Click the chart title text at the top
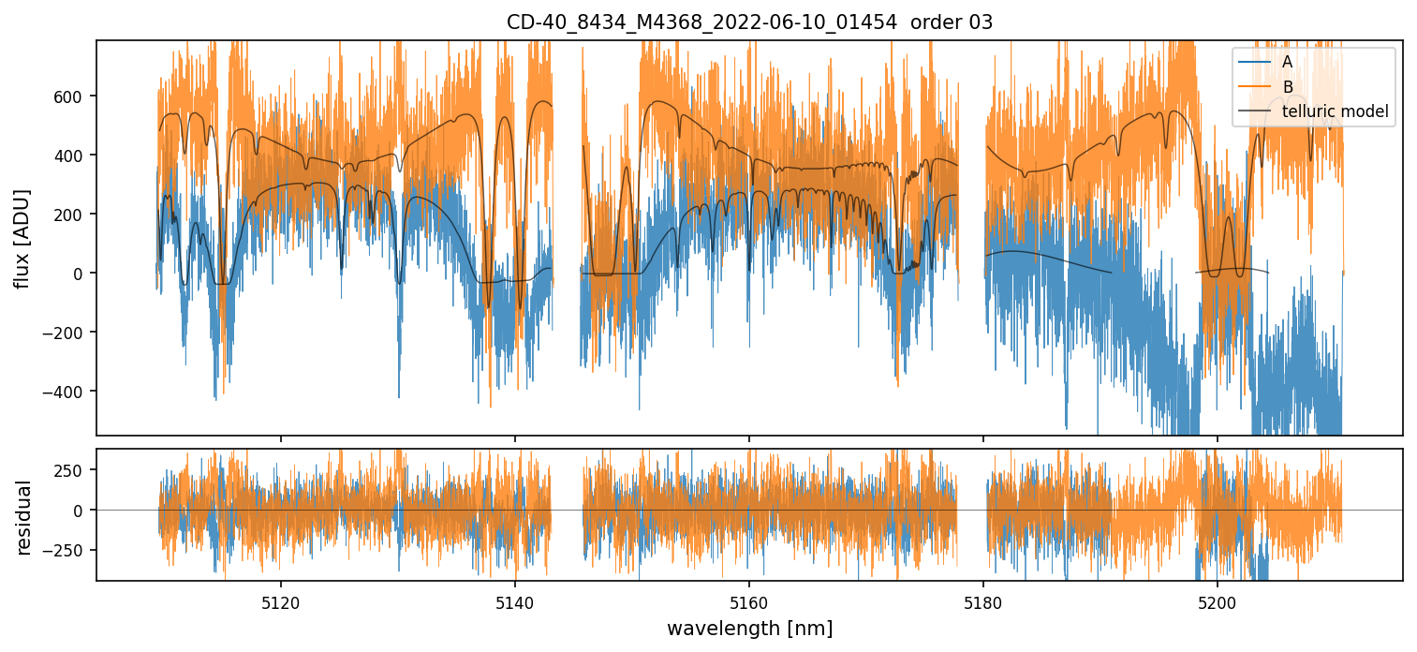(x=749, y=22)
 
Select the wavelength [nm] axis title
(x=749, y=628)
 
